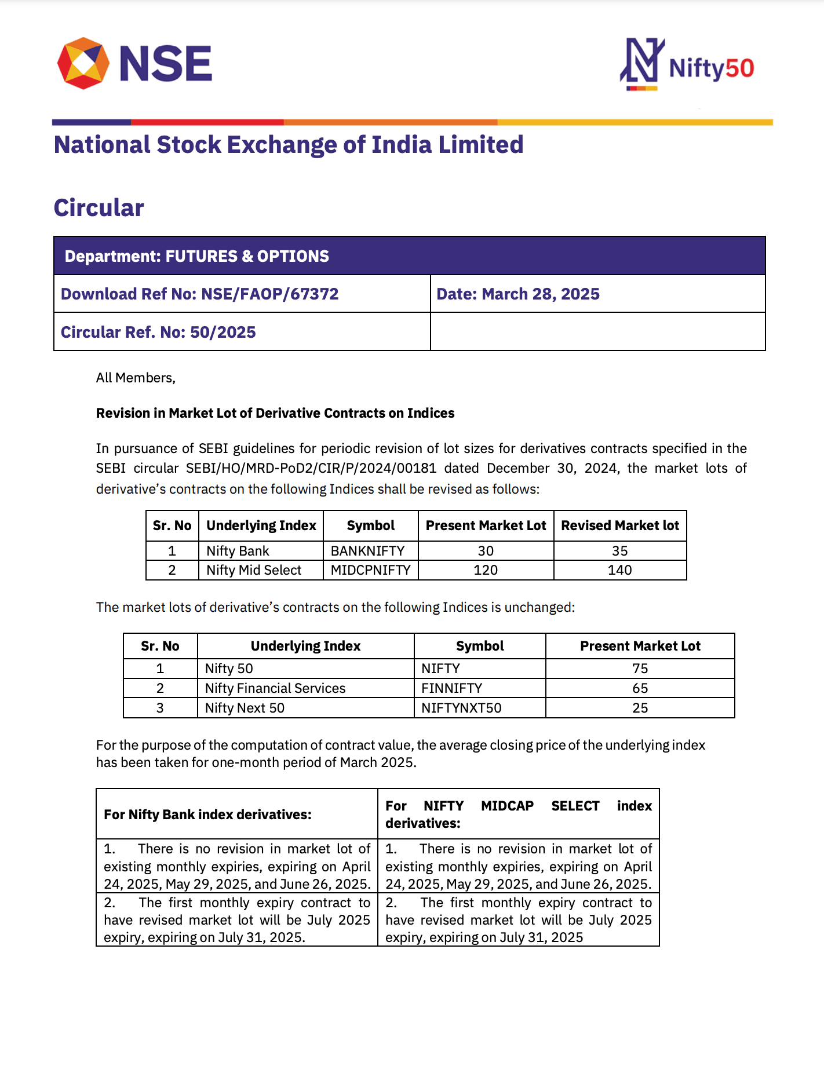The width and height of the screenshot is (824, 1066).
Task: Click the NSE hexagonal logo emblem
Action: pyautogui.click(x=83, y=63)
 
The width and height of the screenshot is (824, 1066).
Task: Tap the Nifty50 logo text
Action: pyautogui.click(x=711, y=68)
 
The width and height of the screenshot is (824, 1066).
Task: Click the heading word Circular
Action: pyautogui.click(x=99, y=208)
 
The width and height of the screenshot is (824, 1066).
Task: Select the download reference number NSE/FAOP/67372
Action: pyautogui.click(x=269, y=294)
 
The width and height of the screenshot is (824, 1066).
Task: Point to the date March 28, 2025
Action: pyautogui.click(x=541, y=294)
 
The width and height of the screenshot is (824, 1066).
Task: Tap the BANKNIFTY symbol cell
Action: pyautogui.click(x=367, y=551)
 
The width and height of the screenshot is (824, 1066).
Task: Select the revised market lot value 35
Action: pyautogui.click(x=619, y=551)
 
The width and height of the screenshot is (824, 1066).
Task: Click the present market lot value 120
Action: pyautogui.click(x=486, y=570)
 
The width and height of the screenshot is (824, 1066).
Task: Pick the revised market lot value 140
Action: pyautogui.click(x=619, y=570)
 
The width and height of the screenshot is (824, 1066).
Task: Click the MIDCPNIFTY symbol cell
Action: pyautogui.click(x=370, y=570)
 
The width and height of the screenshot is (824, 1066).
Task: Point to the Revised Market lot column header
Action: pyautogui.click(x=619, y=525)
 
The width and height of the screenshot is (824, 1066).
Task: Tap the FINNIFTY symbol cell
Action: pyautogui.click(x=451, y=688)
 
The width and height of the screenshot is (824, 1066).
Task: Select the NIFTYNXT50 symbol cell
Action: pyautogui.click(x=461, y=708)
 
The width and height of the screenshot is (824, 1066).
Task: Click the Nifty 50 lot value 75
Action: pyautogui.click(x=640, y=669)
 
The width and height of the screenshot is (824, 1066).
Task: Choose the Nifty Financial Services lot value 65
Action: pyautogui.click(x=640, y=688)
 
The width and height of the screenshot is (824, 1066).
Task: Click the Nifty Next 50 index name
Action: pyautogui.click(x=245, y=708)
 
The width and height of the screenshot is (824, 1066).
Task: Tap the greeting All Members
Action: pyautogui.click(x=136, y=378)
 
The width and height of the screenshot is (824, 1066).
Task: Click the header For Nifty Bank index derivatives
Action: pyautogui.click(x=207, y=815)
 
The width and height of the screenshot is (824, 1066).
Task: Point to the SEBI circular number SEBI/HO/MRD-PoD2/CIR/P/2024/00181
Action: pyautogui.click(x=311, y=468)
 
